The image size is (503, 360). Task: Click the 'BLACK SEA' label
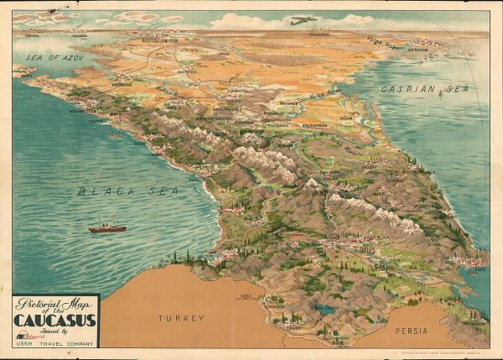point(128,191)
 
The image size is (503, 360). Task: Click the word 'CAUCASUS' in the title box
point(54,320)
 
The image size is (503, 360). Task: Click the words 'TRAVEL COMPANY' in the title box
point(67,342)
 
